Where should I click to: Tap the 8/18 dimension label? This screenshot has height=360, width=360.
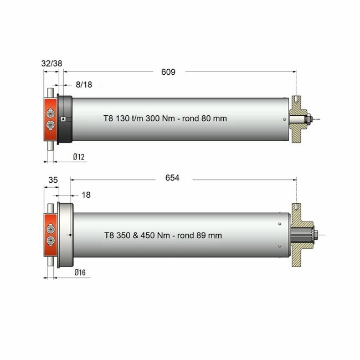(85, 84)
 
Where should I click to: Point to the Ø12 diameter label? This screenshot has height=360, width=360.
(78, 158)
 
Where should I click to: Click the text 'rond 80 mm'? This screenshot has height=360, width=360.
(205, 119)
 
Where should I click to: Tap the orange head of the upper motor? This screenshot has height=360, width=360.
(50, 120)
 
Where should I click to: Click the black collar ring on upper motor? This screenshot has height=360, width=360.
(65, 119)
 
